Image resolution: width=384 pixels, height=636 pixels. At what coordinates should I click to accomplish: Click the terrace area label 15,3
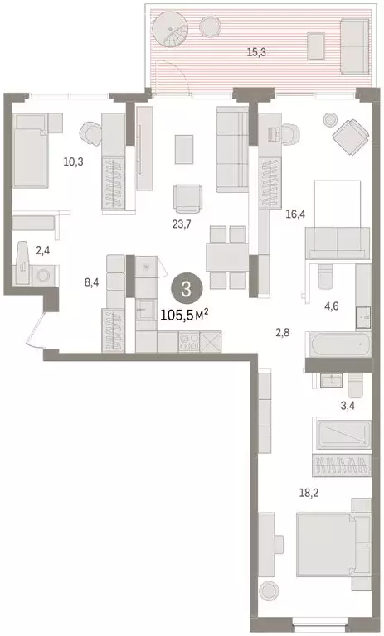[x=255, y=51]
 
